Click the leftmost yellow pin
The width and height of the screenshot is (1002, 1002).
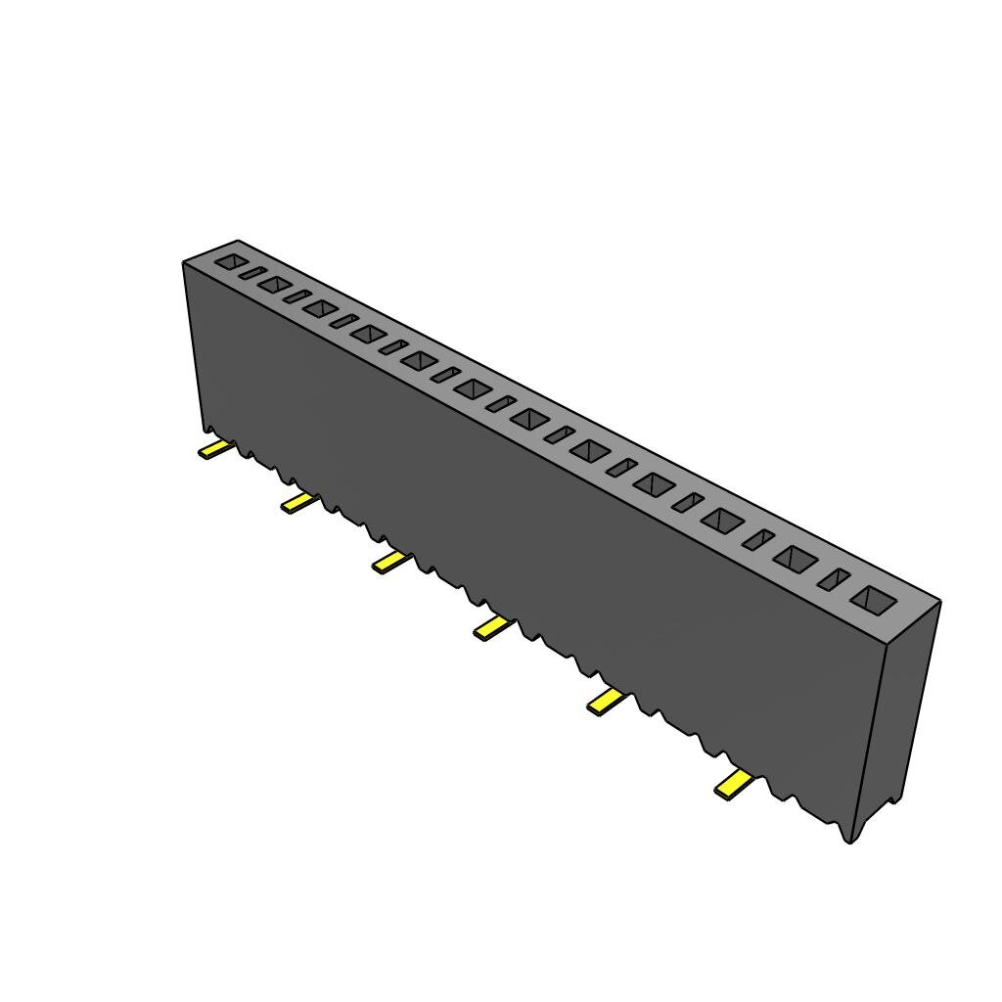tap(214, 450)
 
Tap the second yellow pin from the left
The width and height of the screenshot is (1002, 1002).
tap(298, 503)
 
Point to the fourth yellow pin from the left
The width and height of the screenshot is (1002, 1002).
tap(492, 628)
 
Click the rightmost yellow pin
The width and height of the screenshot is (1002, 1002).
tap(733, 784)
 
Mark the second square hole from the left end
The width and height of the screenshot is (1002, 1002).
tap(275, 285)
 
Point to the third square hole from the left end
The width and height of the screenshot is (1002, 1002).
tap(320, 308)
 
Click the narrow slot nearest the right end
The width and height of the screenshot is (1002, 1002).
tap(835, 579)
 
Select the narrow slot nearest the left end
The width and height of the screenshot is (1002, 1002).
tap(252, 273)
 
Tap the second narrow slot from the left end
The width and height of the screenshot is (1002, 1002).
tap(296, 296)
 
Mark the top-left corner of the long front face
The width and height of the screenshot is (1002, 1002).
tap(184, 263)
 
